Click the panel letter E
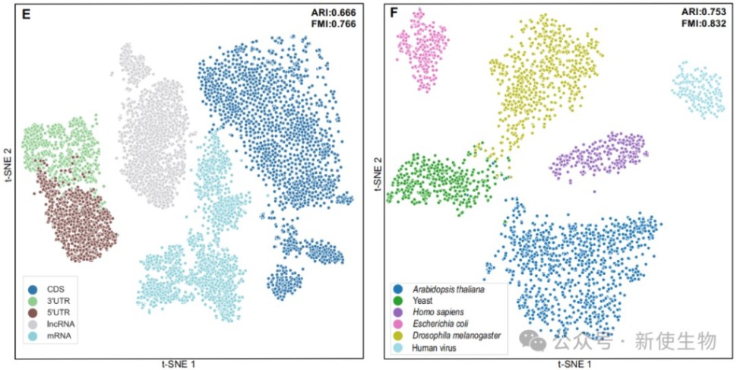point(25,14)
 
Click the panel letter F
point(394,14)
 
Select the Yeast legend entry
point(422,301)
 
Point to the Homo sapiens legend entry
point(439,312)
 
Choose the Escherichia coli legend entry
point(443,324)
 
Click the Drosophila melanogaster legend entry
point(456,336)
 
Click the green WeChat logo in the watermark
point(537,342)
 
